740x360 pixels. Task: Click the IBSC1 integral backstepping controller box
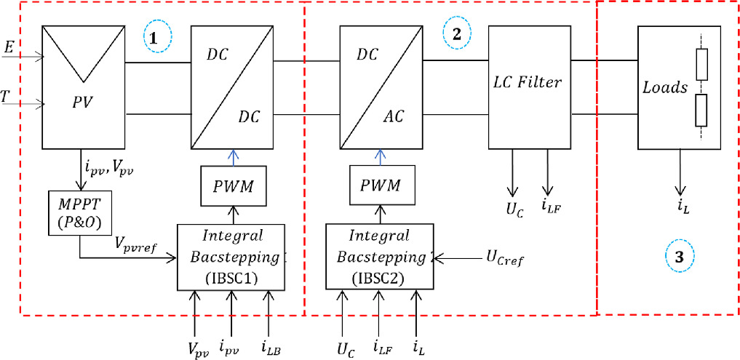(231, 257)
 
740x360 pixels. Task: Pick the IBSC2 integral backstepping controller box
(379, 257)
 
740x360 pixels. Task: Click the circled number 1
(156, 39)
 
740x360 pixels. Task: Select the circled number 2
(456, 34)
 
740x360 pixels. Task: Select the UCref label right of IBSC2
(500, 257)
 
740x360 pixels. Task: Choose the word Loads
(665, 88)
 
